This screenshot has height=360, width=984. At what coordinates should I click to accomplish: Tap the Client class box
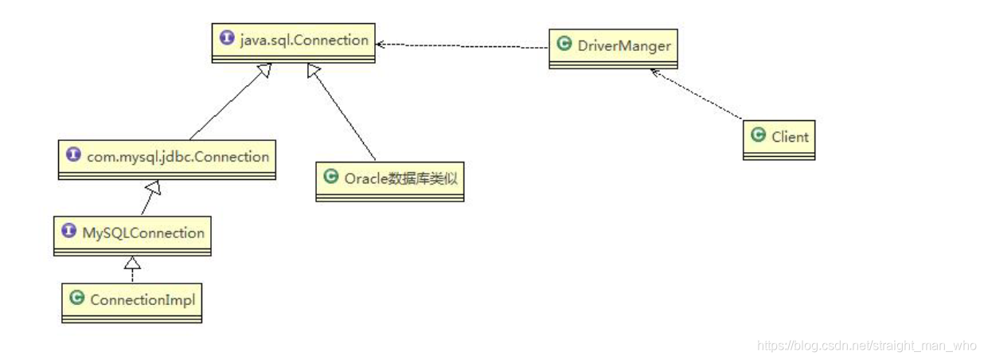click(x=779, y=139)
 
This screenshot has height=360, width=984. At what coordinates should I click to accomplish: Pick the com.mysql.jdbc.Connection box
click(x=167, y=159)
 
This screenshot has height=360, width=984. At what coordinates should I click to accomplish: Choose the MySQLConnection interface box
click(x=132, y=236)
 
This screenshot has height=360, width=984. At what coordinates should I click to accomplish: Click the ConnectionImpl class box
click(x=132, y=303)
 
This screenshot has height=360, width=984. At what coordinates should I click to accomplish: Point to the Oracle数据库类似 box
click(x=389, y=181)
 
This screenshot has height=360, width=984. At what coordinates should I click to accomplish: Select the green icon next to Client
click(x=759, y=136)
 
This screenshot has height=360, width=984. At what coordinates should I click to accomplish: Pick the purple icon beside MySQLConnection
click(x=69, y=233)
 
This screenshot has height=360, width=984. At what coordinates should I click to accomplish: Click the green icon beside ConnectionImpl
click(x=77, y=299)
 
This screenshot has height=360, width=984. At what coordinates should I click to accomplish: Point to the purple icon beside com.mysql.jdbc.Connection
click(x=74, y=156)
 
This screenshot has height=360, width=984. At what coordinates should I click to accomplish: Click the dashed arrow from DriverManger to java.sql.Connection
click(x=462, y=46)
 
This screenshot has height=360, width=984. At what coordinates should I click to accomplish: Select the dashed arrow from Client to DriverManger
click(x=697, y=96)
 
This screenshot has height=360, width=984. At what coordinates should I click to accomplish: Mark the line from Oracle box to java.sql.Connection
click(x=342, y=112)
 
